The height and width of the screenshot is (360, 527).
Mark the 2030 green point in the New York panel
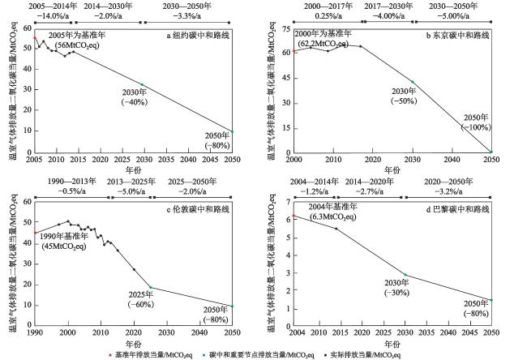coord(143,84)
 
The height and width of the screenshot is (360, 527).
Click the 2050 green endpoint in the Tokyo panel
coord(491,152)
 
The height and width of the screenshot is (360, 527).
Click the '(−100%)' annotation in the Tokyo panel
coord(476,126)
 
